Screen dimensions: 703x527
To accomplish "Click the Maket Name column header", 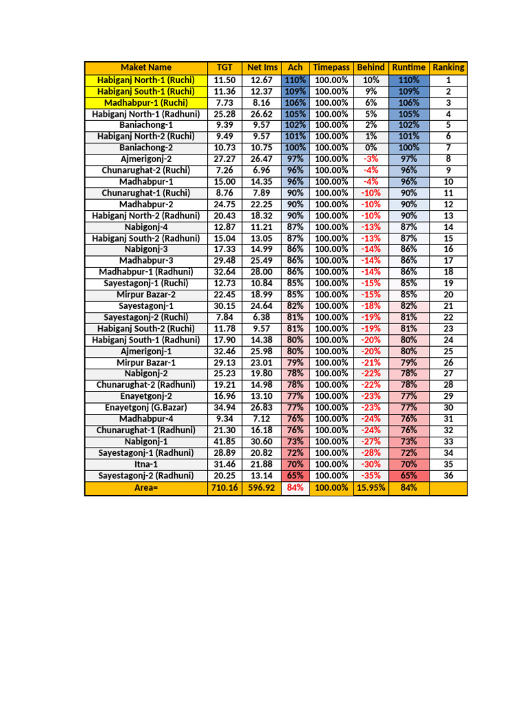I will [145, 67].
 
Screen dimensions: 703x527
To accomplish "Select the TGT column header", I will [224, 67].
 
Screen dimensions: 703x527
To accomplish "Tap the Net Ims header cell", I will [262, 67].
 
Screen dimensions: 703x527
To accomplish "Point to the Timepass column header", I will [331, 67].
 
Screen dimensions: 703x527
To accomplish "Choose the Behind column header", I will [371, 67].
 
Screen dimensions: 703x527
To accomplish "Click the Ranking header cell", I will [448, 67].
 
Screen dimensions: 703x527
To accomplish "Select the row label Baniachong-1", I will [145, 125].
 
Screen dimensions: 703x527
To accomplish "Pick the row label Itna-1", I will [145, 464].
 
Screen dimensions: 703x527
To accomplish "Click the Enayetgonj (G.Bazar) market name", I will [145, 408].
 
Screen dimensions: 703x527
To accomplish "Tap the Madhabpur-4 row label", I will [145, 419].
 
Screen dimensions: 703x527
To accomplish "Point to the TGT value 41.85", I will [224, 441].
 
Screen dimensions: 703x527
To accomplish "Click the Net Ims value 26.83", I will [262, 408].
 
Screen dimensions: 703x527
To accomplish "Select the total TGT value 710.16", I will [224, 487].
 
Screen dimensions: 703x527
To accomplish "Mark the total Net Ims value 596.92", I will [262, 487].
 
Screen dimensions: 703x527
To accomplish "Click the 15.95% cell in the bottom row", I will [371, 487].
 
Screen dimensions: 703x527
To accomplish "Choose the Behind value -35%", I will [371, 475].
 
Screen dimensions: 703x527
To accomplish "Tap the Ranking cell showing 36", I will [448, 475].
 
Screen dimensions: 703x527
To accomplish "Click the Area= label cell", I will [145, 487].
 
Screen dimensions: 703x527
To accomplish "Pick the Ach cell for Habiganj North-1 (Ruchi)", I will [296, 80].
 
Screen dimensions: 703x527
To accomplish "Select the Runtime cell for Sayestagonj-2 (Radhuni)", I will [409, 475].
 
